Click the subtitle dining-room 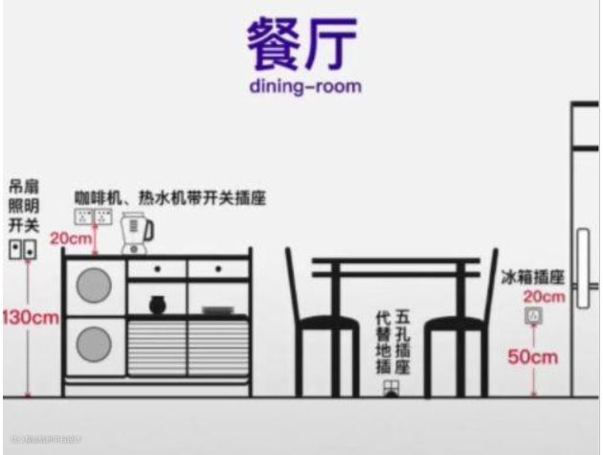(301, 86)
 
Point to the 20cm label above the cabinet (69, 238)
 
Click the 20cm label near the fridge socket (544, 297)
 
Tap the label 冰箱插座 (532, 277)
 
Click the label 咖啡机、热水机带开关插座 (169, 197)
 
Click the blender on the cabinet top (136, 233)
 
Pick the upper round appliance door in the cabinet (94, 284)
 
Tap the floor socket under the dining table (390, 387)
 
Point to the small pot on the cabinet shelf (158, 305)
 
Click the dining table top (394, 262)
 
